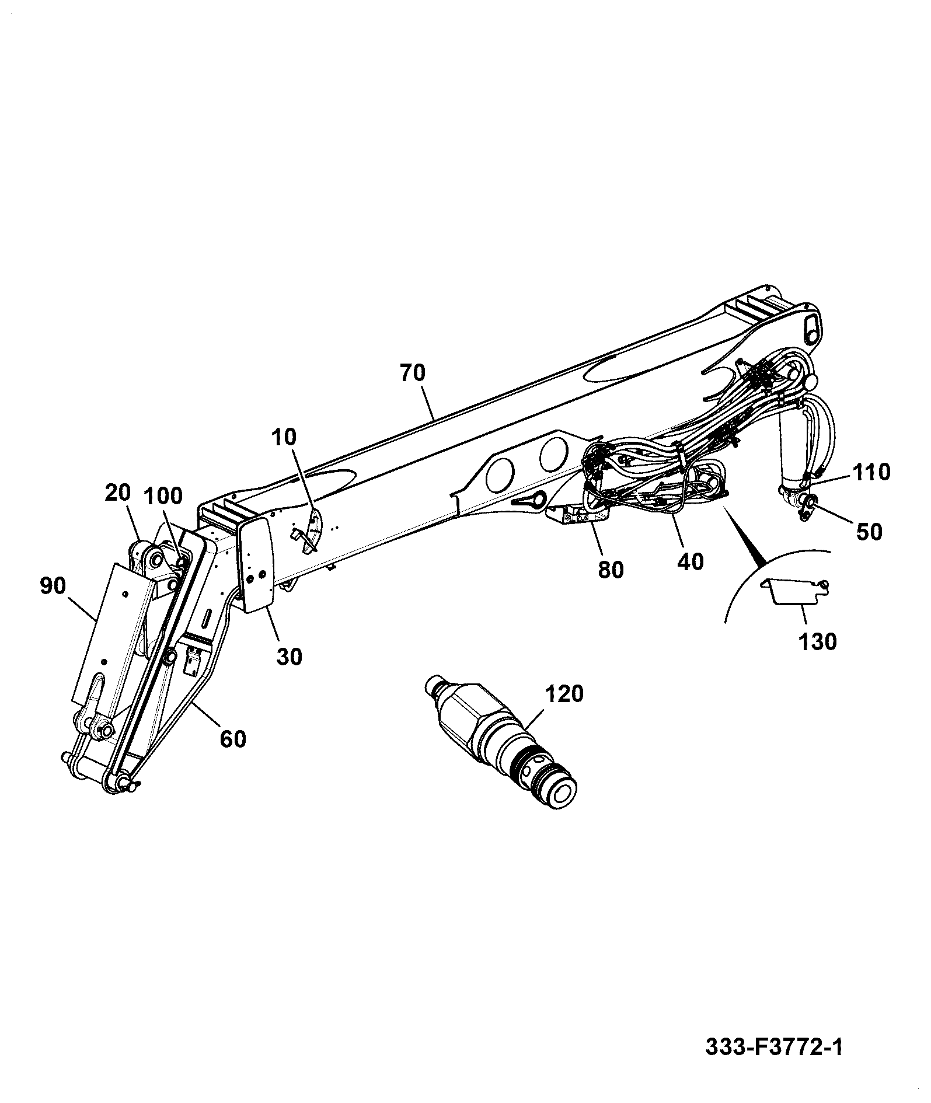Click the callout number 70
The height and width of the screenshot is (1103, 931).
pyautogui.click(x=413, y=372)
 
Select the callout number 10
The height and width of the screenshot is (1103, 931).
pyautogui.click(x=284, y=437)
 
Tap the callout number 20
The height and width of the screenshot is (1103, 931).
pyautogui.click(x=118, y=494)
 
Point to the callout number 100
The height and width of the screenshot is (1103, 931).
pyautogui.click(x=163, y=496)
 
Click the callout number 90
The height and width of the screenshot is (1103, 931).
pyautogui.click(x=53, y=586)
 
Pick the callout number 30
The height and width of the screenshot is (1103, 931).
pyautogui.click(x=289, y=657)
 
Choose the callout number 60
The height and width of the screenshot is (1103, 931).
pyautogui.click(x=233, y=739)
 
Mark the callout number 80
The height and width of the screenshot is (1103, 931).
pyautogui.click(x=611, y=570)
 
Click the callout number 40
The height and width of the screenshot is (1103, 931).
pyautogui.click(x=691, y=561)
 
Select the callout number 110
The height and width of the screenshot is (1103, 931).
pyautogui.click(x=871, y=472)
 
